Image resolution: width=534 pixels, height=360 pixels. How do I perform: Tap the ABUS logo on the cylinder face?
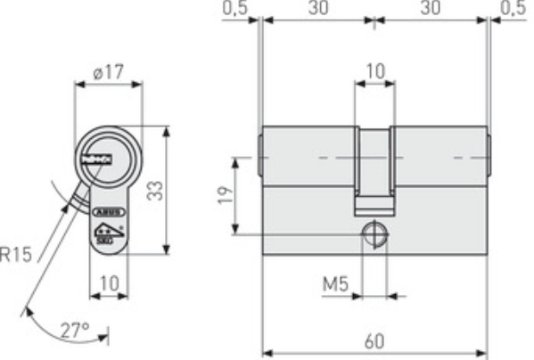tap(107, 213)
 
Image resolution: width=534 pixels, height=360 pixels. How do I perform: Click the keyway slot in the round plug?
tap(94, 161)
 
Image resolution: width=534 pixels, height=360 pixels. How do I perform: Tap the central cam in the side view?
tap(374, 169)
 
